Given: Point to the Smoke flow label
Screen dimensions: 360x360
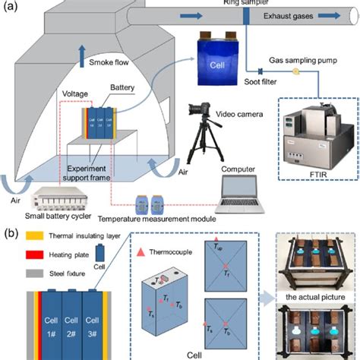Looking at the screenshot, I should [112, 63].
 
